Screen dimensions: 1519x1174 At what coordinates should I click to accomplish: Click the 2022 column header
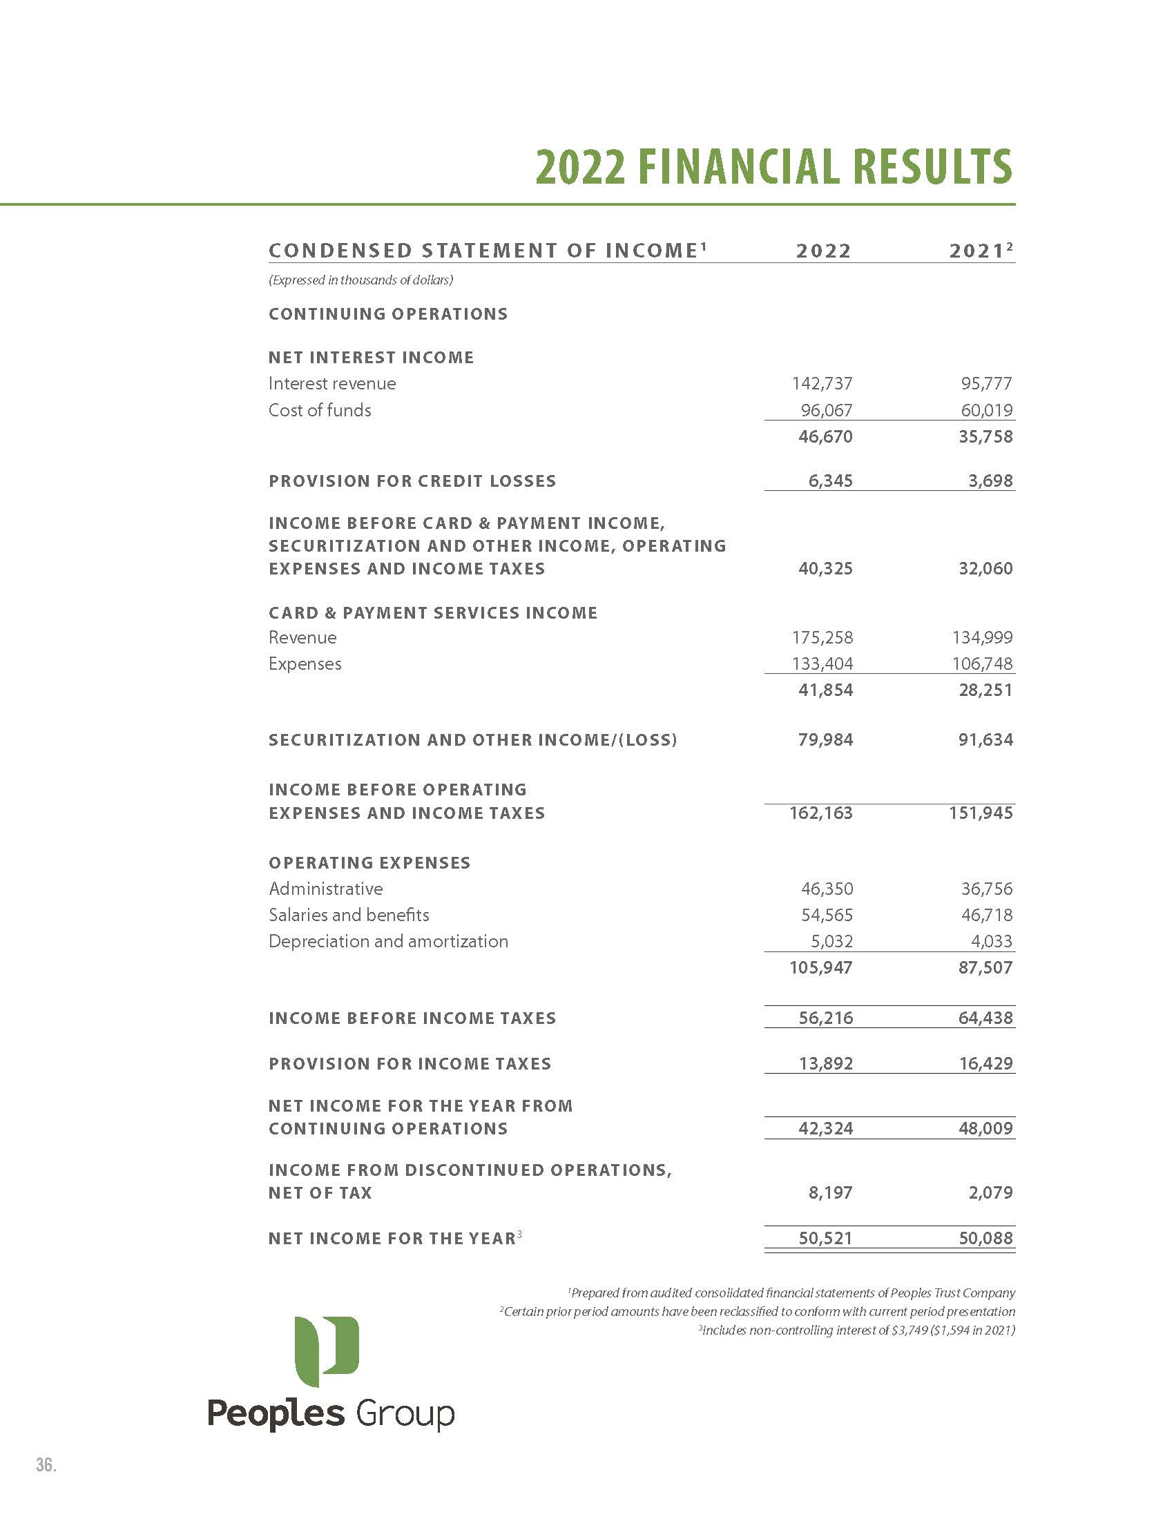[x=823, y=251]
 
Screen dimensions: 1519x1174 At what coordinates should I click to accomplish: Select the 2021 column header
[x=979, y=251]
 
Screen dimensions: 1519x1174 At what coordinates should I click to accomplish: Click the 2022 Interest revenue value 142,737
[x=822, y=383]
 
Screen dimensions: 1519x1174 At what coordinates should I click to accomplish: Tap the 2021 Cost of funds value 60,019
[x=987, y=410]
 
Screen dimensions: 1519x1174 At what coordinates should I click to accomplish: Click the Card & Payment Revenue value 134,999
[x=982, y=637]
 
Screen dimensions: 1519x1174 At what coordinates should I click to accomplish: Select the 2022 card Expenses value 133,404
[x=822, y=664]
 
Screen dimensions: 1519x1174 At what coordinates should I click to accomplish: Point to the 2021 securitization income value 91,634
[x=985, y=739]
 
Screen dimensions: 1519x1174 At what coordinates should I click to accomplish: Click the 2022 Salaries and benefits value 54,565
[x=827, y=916]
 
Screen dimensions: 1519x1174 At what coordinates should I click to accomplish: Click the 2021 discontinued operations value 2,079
[x=990, y=1192]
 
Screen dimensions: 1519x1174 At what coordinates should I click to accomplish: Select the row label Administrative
[x=325, y=889]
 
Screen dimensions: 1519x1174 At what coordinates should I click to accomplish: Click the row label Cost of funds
[x=320, y=410]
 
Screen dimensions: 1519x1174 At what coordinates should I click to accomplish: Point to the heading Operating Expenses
[x=369, y=862]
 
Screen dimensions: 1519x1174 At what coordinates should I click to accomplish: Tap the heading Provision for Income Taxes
[x=410, y=1063]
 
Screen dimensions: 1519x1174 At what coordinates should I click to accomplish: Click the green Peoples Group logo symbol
[x=326, y=1351]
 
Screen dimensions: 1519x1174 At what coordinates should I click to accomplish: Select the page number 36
[x=46, y=1464]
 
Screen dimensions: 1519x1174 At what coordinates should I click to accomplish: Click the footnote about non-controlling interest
[x=856, y=1330]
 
